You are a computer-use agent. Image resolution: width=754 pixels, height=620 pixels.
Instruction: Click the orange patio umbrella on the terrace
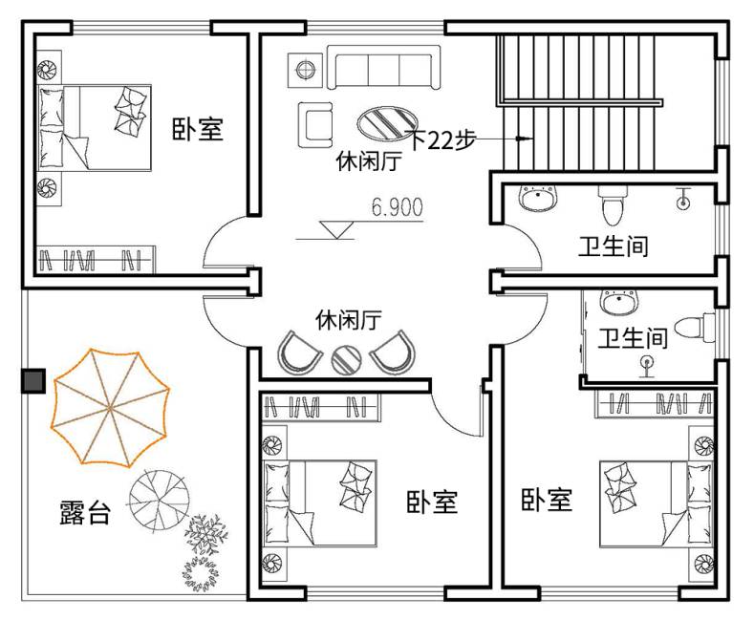110,408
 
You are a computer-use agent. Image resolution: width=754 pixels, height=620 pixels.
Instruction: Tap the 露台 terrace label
85,512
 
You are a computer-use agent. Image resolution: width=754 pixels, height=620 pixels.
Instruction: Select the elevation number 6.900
398,207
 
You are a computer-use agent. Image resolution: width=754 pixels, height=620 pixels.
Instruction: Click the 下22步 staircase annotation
442,139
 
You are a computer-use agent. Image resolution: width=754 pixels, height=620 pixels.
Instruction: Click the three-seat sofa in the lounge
384,67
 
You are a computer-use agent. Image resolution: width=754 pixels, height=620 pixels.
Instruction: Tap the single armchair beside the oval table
315,125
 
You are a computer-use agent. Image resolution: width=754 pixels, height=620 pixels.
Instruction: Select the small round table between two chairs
346,360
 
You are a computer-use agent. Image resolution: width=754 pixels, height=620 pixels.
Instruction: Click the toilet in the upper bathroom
613,205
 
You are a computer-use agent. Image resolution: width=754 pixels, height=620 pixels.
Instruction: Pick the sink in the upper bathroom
538,199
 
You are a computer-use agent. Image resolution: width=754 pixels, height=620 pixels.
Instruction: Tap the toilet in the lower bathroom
695,327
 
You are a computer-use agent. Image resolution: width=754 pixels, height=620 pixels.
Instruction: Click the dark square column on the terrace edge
33,381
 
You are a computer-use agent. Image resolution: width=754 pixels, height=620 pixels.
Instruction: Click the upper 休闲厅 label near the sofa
369,161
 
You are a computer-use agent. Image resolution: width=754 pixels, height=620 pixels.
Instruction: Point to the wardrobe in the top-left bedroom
97,260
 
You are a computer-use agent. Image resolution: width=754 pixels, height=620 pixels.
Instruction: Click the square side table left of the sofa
305,70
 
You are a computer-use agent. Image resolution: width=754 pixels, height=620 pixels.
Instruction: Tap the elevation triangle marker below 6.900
336,229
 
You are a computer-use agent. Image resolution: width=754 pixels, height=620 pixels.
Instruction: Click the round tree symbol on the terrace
159,501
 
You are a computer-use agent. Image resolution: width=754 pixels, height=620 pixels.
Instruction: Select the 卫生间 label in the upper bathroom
614,246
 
